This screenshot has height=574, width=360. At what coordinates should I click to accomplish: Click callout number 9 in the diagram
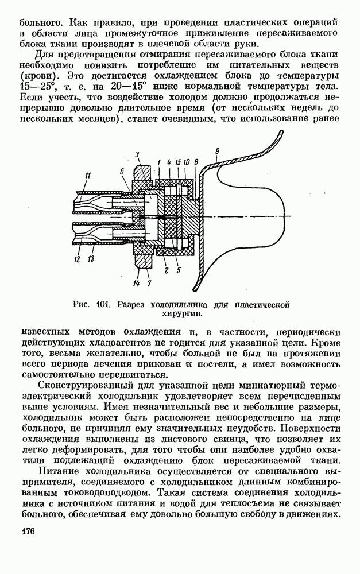218,152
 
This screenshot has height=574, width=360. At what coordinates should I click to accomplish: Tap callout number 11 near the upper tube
87,175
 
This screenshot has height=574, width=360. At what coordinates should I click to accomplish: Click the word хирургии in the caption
181,313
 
